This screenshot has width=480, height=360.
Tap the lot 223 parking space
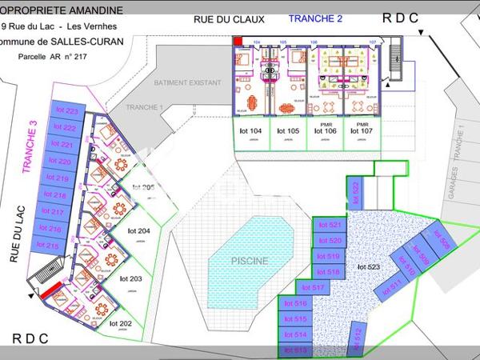66,111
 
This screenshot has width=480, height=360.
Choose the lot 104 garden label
251,130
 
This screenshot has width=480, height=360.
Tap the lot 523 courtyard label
369,266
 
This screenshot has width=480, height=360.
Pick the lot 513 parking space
295,350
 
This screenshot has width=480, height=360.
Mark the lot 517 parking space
313,287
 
